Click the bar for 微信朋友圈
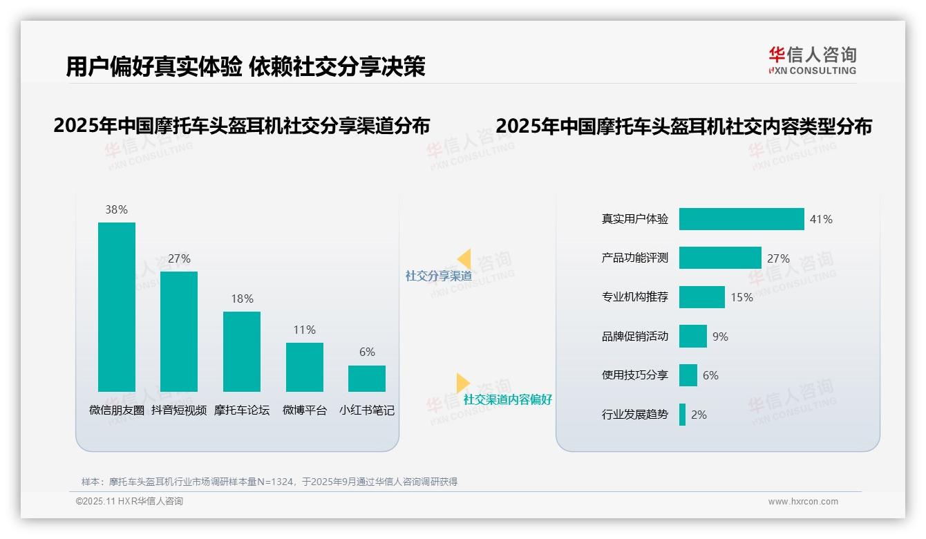pyautogui.click(x=116, y=307)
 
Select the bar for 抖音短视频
pyautogui.click(x=179, y=332)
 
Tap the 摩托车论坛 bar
pyautogui.click(x=242, y=352)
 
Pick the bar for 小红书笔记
pyautogui.click(x=367, y=379)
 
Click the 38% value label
pyautogui.click(x=116, y=209)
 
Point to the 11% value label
pyautogui.click(x=304, y=330)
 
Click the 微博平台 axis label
pyautogui.click(x=304, y=410)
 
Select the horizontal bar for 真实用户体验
pyautogui.click(x=741, y=219)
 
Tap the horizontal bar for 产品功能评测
pyautogui.click(x=720, y=258)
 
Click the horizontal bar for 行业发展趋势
pyautogui.click(x=683, y=415)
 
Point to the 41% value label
pyautogui.click(x=821, y=219)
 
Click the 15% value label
pyautogui.click(x=741, y=297)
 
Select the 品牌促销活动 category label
pyautogui.click(x=635, y=337)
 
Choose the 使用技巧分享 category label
pyautogui.click(x=635, y=375)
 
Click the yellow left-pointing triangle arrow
pyautogui.click(x=464, y=259)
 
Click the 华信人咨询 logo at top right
pyautogui.click(x=812, y=61)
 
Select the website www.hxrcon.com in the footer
pyautogui.click(x=803, y=502)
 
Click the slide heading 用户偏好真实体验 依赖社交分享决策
pyautogui.click(x=245, y=67)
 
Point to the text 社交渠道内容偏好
pyautogui.click(x=507, y=399)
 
